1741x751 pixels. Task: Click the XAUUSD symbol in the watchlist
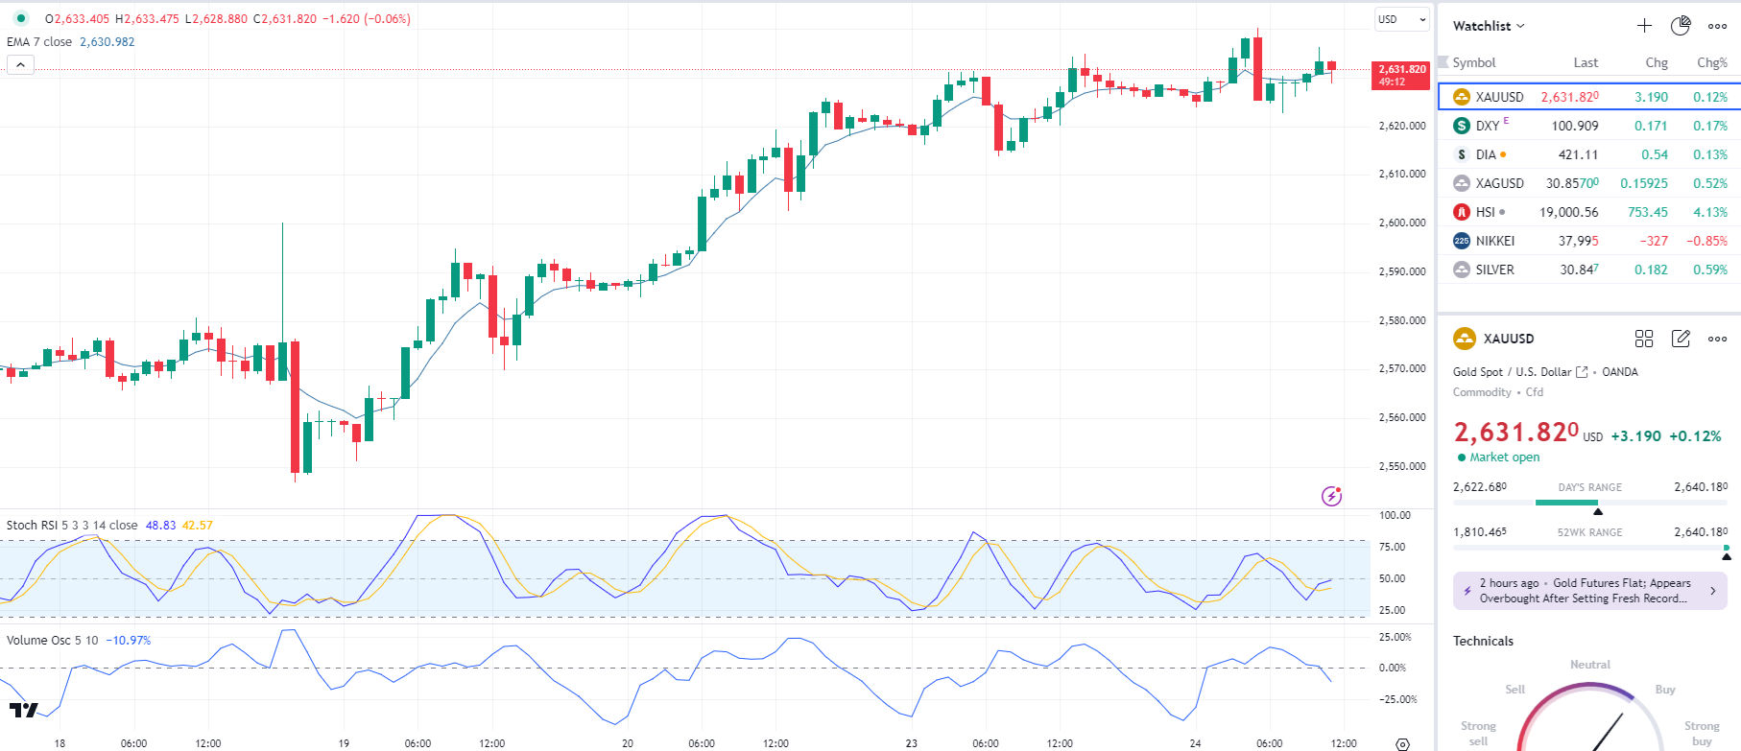point(1499,97)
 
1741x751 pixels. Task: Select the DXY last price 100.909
point(1574,126)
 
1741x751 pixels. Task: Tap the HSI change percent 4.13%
point(1709,212)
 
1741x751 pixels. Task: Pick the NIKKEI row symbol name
point(1494,241)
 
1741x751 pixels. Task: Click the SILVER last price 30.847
point(1579,270)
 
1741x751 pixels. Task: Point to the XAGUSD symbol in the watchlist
point(1499,183)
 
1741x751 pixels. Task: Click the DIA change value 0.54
point(1654,154)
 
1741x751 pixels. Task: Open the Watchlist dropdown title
point(1488,26)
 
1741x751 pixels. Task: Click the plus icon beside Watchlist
point(1644,26)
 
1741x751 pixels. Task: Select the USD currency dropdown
point(1401,19)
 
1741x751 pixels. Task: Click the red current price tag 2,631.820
point(1402,75)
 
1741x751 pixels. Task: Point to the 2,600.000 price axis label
point(1401,223)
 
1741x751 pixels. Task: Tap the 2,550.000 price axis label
point(1401,466)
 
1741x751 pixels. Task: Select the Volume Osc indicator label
point(52,641)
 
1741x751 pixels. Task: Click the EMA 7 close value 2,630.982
point(107,42)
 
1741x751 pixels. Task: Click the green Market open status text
point(1504,458)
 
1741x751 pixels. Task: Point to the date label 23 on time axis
point(911,743)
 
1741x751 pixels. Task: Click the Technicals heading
point(1483,641)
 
